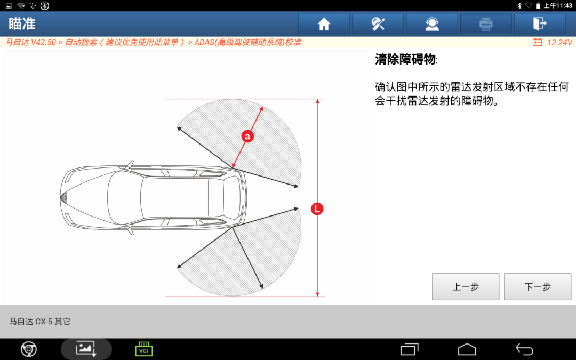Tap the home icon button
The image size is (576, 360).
pos(324,24)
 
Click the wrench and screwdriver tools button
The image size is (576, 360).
pos(378,24)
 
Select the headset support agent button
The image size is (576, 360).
pos(432,24)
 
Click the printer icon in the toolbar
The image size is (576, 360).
pos(486,24)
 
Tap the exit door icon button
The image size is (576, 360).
pos(540,24)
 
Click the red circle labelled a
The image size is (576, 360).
pos(247,137)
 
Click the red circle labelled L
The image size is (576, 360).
pos(317,209)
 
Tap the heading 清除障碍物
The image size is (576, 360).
pos(405,59)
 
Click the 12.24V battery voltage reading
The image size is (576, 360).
pos(559,43)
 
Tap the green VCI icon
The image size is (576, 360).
pos(143,349)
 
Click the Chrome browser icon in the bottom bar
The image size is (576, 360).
pos(29,349)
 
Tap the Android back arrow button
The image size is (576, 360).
pos(524,349)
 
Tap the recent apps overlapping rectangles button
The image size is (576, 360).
pos(410,349)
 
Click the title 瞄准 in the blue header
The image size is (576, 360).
pos(22,24)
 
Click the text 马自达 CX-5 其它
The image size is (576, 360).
pos(39,322)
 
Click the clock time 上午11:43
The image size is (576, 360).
pos(558,5)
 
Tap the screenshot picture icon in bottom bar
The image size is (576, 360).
pos(86,349)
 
